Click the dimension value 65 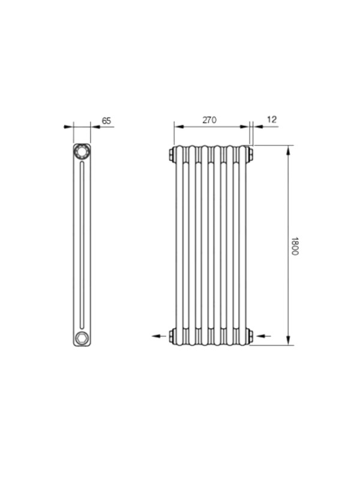point(106,121)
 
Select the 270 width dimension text point(209,119)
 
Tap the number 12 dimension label point(272,119)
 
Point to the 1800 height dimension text point(295,246)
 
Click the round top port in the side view point(82,152)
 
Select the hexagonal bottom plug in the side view point(82,338)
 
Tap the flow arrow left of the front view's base point(159,336)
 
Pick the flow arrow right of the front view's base point(263,336)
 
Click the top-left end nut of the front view point(171,154)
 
